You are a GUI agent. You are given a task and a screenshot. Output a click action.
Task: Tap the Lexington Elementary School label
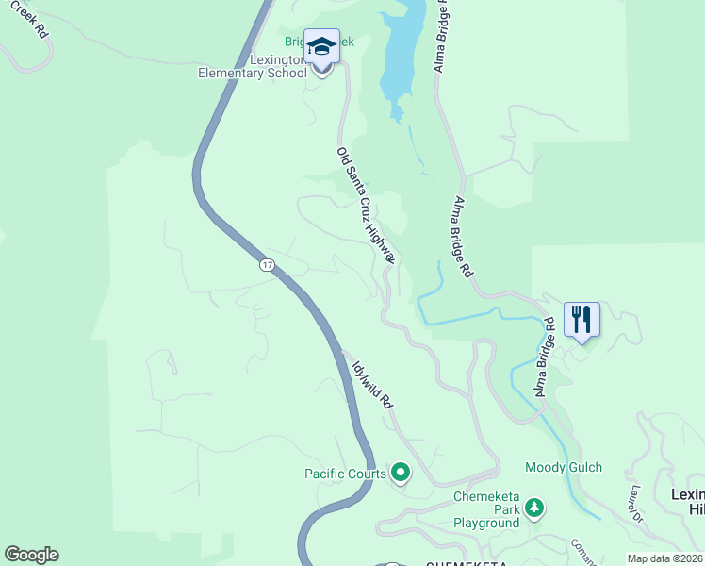click(x=253, y=66)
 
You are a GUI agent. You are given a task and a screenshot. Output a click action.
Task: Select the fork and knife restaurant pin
click(x=581, y=319)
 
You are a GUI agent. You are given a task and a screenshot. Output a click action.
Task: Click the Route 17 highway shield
click(x=268, y=266)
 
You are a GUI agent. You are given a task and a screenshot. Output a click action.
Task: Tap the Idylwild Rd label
click(x=372, y=385)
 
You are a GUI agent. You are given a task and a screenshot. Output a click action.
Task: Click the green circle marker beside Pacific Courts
click(x=401, y=472)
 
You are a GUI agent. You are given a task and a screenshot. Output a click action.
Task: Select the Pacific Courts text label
click(x=345, y=474)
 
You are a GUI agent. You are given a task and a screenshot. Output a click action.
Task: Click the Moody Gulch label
click(x=564, y=468)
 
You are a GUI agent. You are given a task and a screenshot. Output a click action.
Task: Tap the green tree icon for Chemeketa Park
click(x=534, y=509)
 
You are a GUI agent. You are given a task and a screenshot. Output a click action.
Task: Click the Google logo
click(x=31, y=555)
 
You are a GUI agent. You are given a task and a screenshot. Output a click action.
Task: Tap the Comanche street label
click(x=583, y=552)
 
